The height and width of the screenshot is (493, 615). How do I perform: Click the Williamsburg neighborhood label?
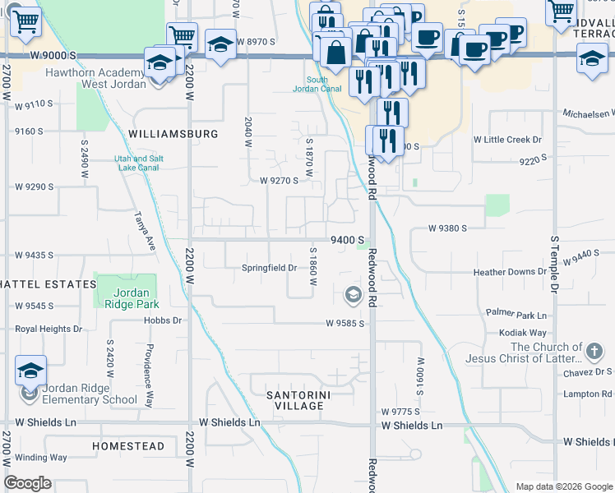(x=173, y=133)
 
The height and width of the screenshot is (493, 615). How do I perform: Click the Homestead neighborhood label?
(x=128, y=446)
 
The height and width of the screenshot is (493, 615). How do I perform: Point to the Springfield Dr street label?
(x=269, y=268)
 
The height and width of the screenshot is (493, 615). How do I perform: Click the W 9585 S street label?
(x=344, y=324)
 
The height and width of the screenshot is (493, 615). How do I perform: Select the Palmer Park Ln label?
(x=516, y=315)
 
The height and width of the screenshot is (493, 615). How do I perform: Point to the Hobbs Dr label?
(x=162, y=320)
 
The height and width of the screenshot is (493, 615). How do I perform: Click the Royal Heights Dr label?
(x=49, y=329)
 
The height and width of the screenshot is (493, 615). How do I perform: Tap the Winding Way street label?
(x=41, y=458)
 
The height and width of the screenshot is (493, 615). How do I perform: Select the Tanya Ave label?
(x=146, y=231)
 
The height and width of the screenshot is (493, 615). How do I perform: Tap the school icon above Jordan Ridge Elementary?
(x=30, y=370)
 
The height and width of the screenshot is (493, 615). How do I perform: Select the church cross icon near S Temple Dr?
(x=594, y=352)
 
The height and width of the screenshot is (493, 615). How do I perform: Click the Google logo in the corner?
(x=27, y=483)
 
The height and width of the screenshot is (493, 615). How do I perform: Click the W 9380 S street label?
(x=447, y=228)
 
